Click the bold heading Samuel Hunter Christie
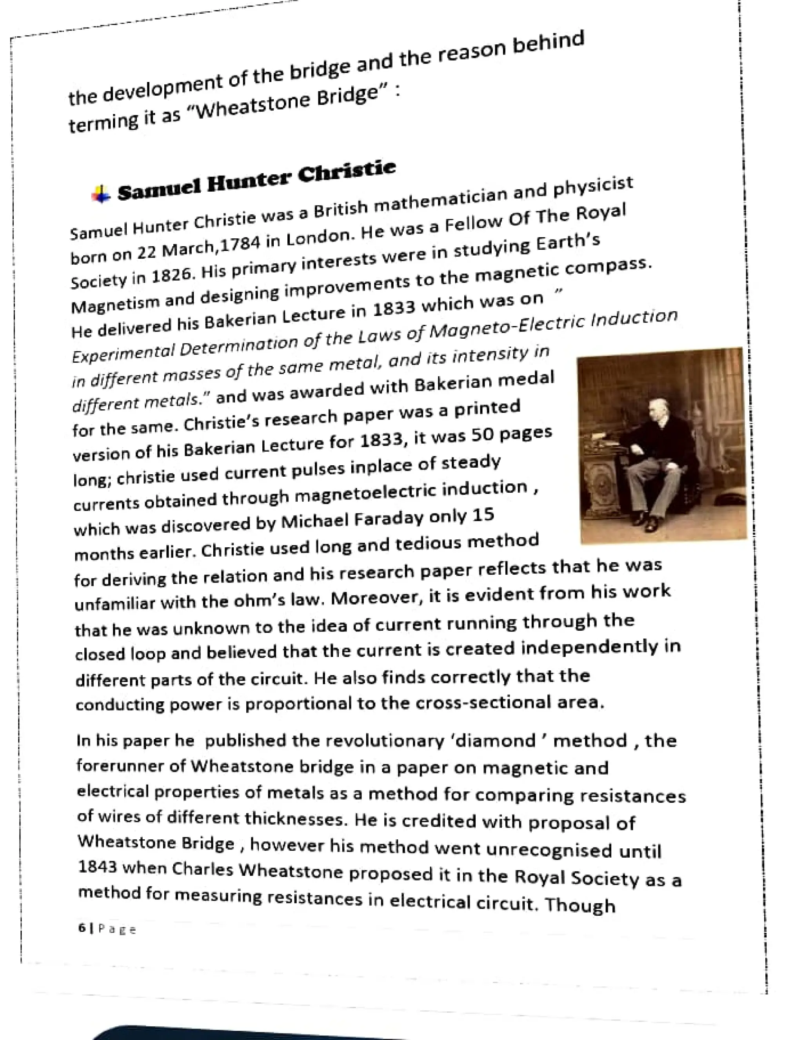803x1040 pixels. tap(256, 182)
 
